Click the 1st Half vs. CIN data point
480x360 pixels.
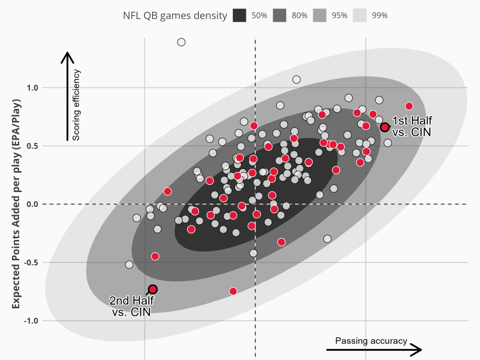385,127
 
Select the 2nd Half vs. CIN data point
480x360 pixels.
153,289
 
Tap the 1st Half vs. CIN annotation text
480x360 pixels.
411,126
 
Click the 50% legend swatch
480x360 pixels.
240,15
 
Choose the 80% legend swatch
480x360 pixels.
279,15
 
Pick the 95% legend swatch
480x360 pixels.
319,15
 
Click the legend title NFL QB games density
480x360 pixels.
175,15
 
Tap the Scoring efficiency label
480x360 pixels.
76,105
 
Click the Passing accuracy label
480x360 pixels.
371,341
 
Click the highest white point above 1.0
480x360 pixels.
181,42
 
